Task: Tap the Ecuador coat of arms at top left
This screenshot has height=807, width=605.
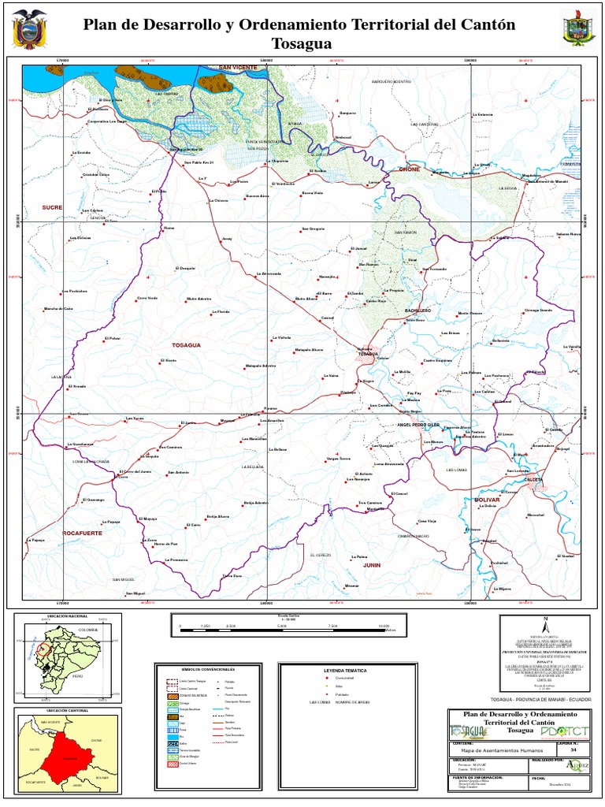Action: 31,28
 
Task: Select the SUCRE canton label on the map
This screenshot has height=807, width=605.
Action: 52,207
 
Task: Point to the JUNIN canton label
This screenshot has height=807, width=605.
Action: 372,565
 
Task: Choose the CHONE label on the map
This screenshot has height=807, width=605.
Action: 410,169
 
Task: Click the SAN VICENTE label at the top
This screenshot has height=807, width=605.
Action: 238,69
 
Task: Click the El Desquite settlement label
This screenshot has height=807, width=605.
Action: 184,269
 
